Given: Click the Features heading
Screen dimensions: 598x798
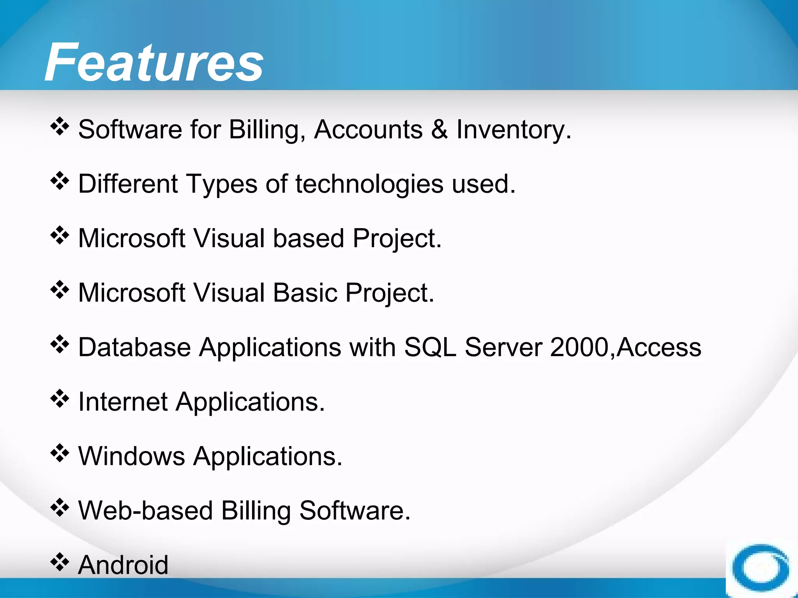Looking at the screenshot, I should click(x=154, y=62).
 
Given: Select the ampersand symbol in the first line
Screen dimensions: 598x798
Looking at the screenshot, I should click(x=439, y=130).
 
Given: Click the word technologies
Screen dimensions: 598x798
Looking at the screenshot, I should click(x=369, y=184).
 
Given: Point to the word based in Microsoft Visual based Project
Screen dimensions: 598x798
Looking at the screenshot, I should click(x=308, y=238).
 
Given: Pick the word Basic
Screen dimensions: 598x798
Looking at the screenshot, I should click(x=305, y=293).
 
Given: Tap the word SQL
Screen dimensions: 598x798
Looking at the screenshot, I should click(x=430, y=347).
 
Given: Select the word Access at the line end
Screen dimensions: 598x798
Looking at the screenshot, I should click(x=659, y=347).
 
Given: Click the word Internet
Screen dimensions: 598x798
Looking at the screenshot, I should click(x=123, y=402).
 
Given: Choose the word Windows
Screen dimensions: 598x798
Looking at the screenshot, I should click(x=132, y=456).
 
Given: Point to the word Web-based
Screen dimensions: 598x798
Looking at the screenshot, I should click(x=145, y=511).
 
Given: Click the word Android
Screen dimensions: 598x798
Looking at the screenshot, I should click(x=123, y=565).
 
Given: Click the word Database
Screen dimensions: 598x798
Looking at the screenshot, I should click(x=134, y=347).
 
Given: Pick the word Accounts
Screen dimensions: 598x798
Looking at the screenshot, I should click(x=368, y=130).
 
